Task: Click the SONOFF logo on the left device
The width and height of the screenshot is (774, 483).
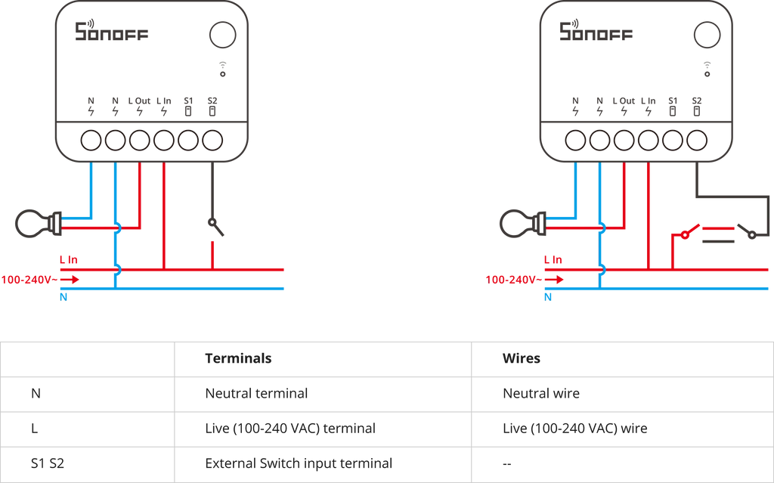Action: pyautogui.click(x=112, y=31)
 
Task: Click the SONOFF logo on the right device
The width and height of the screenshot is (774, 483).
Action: pyautogui.click(x=596, y=31)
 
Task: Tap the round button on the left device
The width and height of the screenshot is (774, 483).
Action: pyautogui.click(x=223, y=35)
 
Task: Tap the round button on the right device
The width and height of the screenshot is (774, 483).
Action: pyautogui.click(x=707, y=35)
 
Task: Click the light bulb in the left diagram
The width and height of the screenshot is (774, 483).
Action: pyautogui.click(x=38, y=224)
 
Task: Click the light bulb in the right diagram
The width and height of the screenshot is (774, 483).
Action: pyautogui.click(x=522, y=224)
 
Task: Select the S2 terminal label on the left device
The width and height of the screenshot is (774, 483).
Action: pyautogui.click(x=212, y=101)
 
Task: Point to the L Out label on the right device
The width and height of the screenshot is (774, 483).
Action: pyautogui.click(x=624, y=101)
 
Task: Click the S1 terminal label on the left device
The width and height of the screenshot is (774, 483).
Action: pyautogui.click(x=188, y=101)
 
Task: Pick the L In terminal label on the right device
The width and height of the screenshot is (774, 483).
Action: pyautogui.click(x=648, y=101)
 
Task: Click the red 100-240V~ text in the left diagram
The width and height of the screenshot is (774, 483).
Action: pyautogui.click(x=29, y=280)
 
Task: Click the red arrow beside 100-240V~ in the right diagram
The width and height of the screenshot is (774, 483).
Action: pyautogui.click(x=554, y=280)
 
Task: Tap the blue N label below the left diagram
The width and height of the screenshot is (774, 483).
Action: pyautogui.click(x=63, y=297)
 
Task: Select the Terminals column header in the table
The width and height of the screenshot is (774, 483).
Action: pyautogui.click(x=238, y=358)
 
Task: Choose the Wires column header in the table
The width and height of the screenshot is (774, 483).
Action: pyautogui.click(x=522, y=358)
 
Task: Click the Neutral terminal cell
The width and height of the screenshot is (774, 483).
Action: pyautogui.click(x=256, y=394)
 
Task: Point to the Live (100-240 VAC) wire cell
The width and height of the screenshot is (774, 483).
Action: pyautogui.click(x=575, y=429)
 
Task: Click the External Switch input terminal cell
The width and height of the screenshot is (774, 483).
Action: pyautogui.click(x=299, y=464)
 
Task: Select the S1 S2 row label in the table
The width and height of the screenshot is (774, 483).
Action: pyautogui.click(x=48, y=464)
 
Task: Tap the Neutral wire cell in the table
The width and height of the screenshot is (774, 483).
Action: pyautogui.click(x=541, y=394)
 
